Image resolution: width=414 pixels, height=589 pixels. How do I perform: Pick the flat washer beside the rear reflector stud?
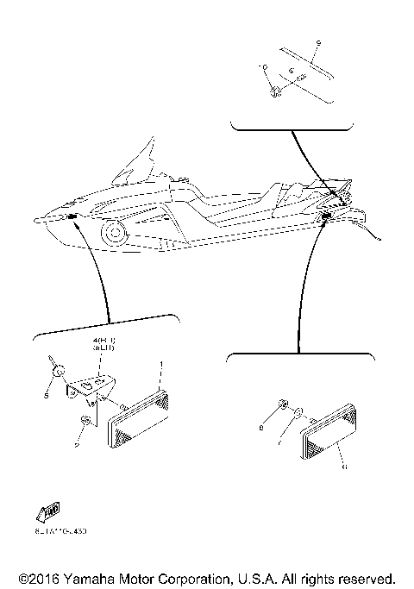tap(298, 414)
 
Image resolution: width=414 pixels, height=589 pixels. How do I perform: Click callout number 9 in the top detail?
tap(317, 42)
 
